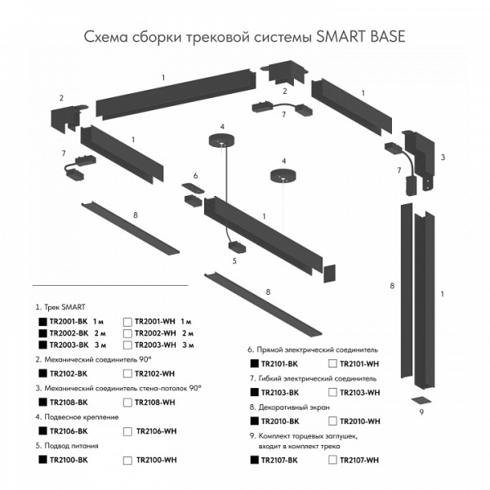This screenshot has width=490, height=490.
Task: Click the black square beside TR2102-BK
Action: [x=42, y=373]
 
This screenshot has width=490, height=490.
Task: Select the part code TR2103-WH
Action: [x=359, y=393]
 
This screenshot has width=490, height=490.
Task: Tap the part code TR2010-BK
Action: [x=278, y=421]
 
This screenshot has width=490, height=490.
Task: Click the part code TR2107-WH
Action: [x=359, y=461]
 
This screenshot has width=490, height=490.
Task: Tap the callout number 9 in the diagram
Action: [x=421, y=413]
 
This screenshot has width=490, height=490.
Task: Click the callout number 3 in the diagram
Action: [x=442, y=156]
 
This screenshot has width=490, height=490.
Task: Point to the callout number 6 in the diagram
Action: [x=195, y=176]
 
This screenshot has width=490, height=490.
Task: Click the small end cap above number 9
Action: [x=420, y=400]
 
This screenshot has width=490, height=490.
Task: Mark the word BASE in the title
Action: [x=382, y=38]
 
